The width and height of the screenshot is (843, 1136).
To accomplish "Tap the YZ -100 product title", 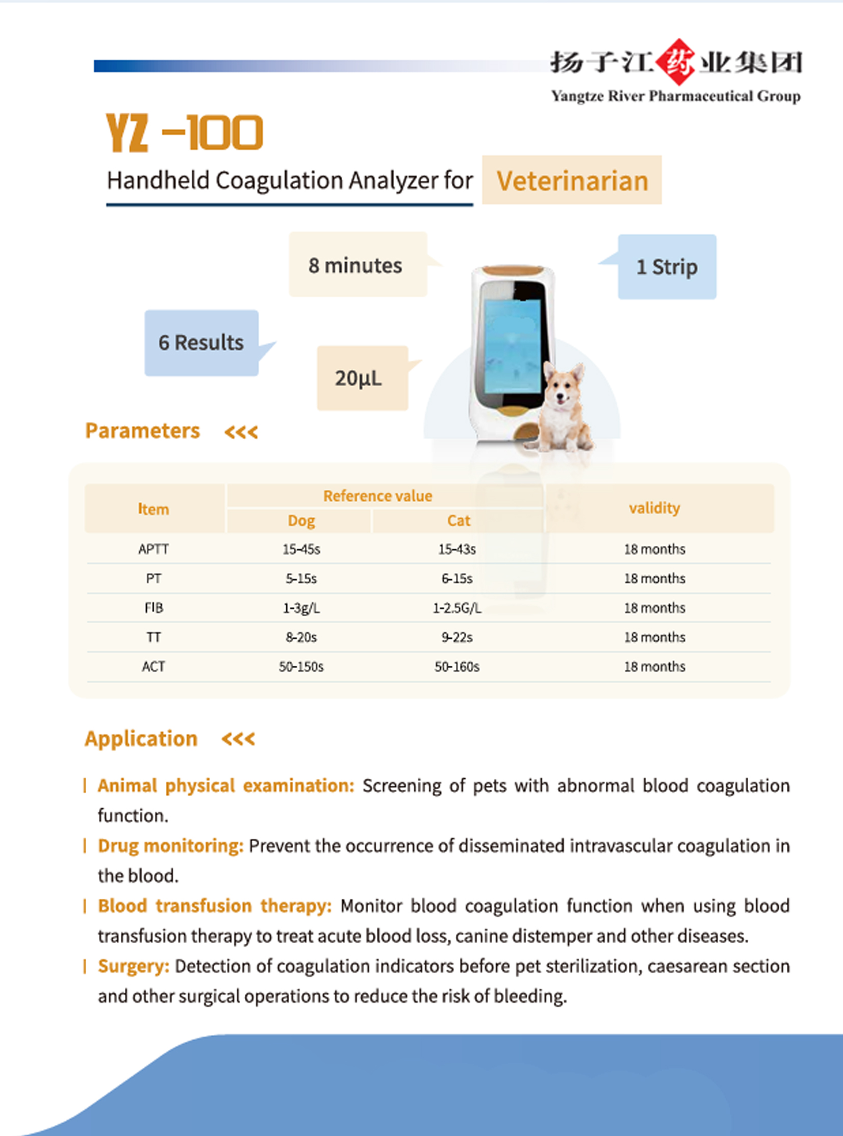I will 184,133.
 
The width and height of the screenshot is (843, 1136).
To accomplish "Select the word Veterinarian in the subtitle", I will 572,181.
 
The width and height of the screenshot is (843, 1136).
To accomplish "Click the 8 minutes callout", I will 355,265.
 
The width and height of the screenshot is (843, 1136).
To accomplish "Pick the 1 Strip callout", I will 667,267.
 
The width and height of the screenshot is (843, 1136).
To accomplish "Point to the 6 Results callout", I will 201,342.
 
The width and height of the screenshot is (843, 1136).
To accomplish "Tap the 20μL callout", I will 359,378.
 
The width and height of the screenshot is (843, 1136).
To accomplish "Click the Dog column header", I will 301,520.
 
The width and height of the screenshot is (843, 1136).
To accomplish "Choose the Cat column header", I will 458,520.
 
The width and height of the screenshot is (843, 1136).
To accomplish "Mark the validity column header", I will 654,508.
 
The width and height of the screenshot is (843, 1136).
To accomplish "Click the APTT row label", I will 154,549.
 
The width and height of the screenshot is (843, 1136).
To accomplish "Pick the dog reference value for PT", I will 301,579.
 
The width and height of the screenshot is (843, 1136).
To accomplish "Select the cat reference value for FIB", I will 457,608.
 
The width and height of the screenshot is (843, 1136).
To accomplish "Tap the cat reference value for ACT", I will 457,667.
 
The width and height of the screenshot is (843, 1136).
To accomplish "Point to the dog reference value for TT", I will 301,638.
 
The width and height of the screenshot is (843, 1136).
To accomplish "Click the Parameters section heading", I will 142,431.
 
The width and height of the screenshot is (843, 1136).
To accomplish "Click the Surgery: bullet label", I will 134,966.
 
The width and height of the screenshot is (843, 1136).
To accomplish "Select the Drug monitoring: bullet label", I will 170,846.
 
